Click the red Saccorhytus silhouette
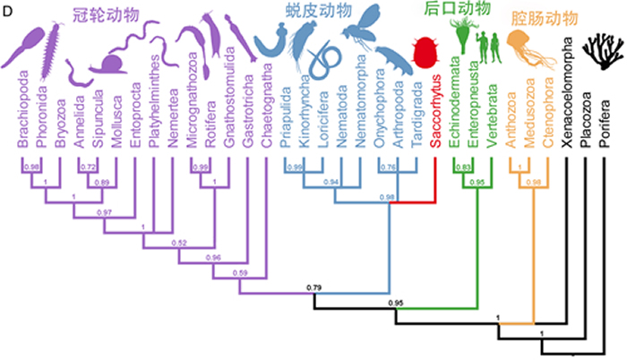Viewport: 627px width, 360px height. coord(425,55)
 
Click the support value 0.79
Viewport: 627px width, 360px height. coord(313,287)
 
